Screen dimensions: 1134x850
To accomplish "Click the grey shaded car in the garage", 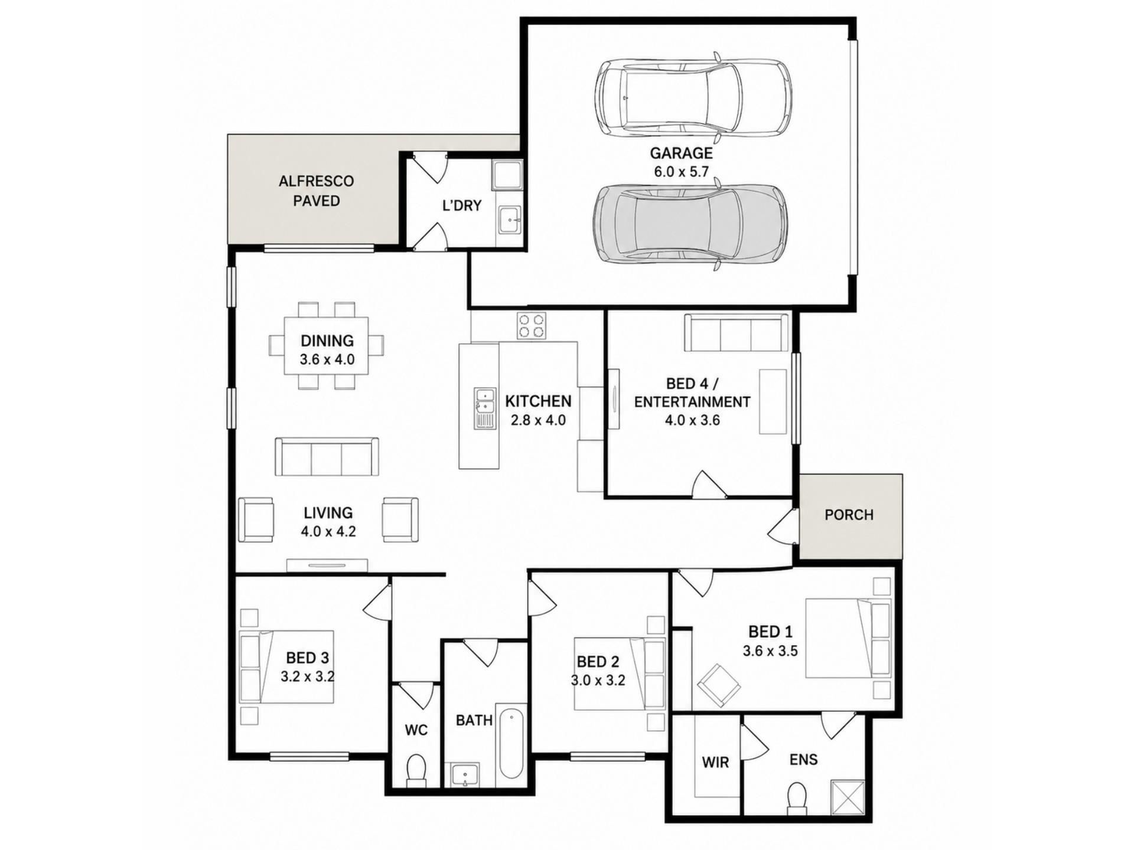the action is tap(690, 224).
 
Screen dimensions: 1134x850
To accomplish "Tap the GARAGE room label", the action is tap(681, 153).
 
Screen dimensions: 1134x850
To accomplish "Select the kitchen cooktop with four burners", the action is tap(532, 326).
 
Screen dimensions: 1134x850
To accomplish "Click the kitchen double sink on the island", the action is tap(485, 408).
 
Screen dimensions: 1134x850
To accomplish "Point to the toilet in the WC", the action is tap(416, 770).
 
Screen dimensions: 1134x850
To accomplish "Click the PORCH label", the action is tap(849, 515).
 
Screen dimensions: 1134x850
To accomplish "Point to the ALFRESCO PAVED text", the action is tap(317, 191).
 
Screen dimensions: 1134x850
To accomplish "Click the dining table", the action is tap(327, 346).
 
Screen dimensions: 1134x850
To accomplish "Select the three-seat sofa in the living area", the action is tap(327, 456).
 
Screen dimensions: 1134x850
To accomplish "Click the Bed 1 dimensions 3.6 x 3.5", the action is tap(770, 652).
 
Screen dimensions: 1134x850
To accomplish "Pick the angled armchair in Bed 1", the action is tap(719, 685).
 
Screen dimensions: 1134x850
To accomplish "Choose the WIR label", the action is tap(715, 763).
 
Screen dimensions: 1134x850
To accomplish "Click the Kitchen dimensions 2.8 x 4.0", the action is tap(538, 421).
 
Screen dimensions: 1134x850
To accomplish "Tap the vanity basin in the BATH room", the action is tap(465, 774).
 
